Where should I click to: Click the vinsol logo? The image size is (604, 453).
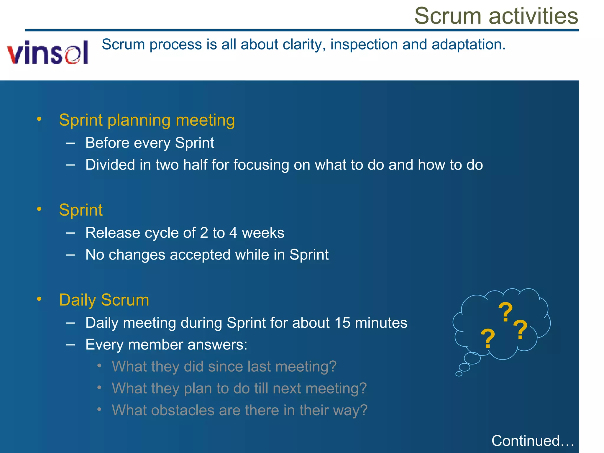click(x=48, y=52)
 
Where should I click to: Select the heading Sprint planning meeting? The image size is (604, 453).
click(x=147, y=120)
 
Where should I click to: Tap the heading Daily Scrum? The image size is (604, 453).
click(x=104, y=300)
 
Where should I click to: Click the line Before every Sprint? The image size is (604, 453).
click(x=150, y=143)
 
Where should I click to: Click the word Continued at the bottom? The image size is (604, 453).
click(x=525, y=441)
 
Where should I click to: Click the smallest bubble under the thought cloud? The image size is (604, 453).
click(x=459, y=374)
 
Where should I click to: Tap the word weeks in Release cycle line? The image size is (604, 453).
click(x=263, y=233)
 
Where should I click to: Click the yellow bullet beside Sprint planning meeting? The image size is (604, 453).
click(x=39, y=119)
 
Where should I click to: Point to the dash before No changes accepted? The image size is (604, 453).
click(x=70, y=255)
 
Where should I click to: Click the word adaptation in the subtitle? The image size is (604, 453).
click(x=468, y=45)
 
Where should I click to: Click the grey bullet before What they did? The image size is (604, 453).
click(x=99, y=366)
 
